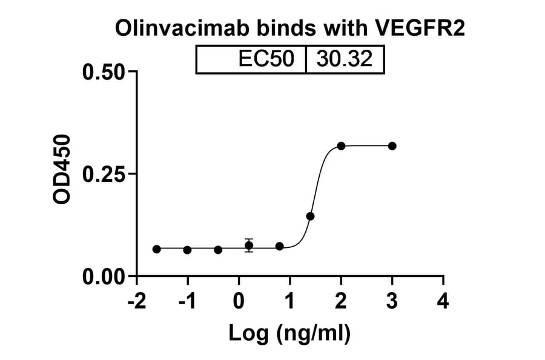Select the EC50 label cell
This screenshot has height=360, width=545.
(x=266, y=59)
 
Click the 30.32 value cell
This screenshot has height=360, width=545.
(x=345, y=59)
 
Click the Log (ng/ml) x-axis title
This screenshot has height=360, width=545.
(x=289, y=333)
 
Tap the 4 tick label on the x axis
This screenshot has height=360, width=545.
(x=443, y=301)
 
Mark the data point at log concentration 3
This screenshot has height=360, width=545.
(x=392, y=146)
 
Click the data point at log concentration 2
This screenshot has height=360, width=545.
(x=342, y=146)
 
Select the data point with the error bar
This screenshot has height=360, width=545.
(x=249, y=245)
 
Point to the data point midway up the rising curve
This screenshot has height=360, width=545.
(x=310, y=216)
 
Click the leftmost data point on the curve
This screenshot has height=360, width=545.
(x=157, y=249)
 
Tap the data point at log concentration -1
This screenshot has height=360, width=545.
(x=187, y=250)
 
